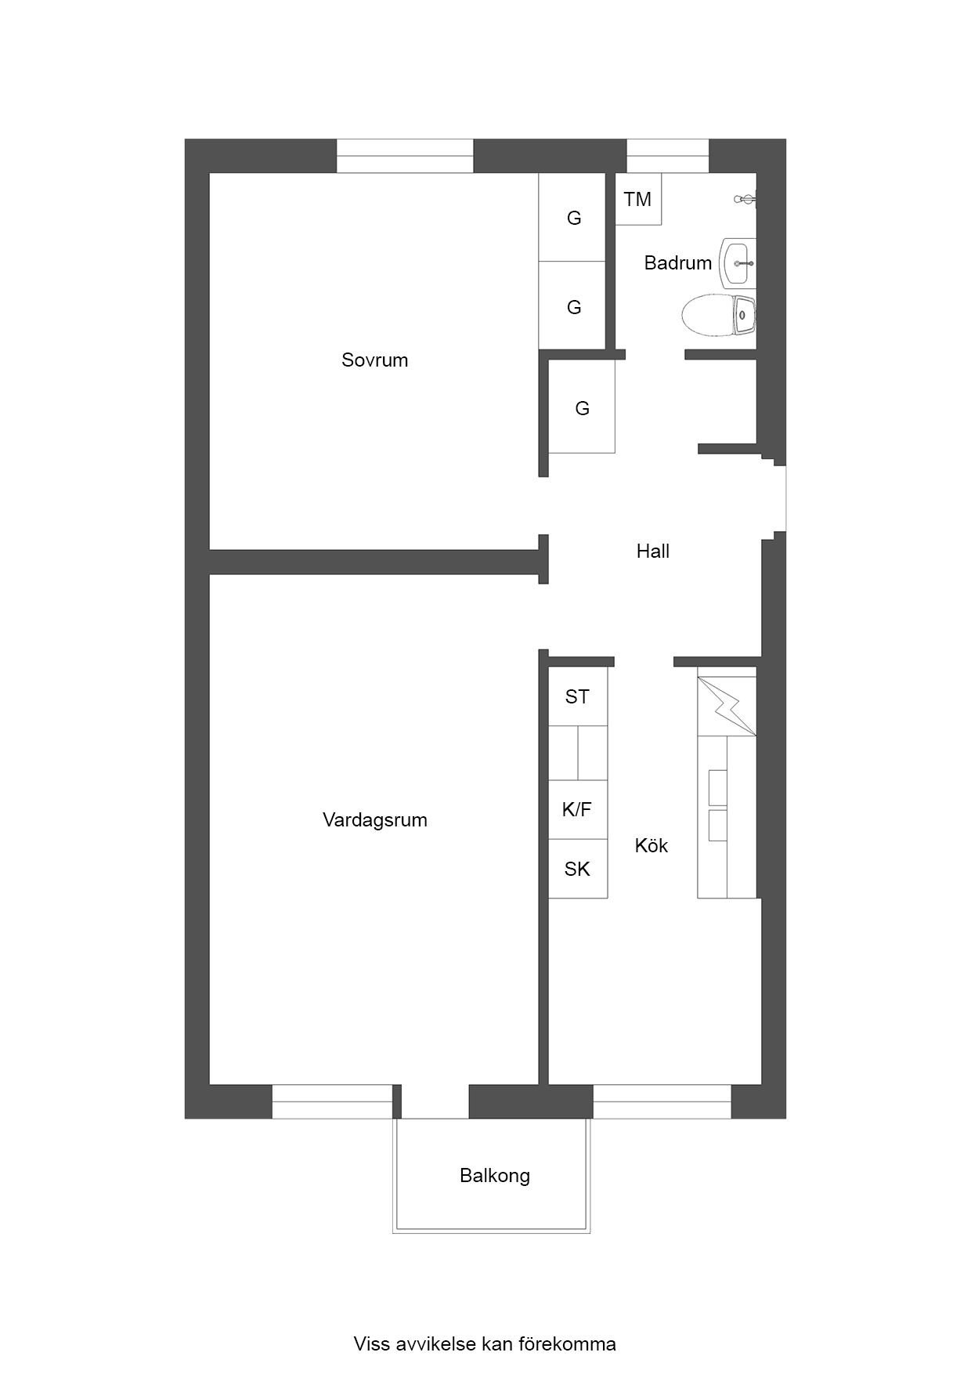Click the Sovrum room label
click(x=374, y=360)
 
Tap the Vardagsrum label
click(x=375, y=820)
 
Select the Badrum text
click(x=678, y=262)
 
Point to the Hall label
click(x=653, y=551)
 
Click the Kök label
click(x=652, y=845)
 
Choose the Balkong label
click(x=495, y=1175)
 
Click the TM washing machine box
click(x=638, y=199)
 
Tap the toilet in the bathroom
click(x=718, y=315)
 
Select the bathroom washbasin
click(x=738, y=263)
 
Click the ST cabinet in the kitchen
click(x=578, y=696)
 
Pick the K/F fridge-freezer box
click(x=578, y=809)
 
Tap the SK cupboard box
click(x=578, y=869)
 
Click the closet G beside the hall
click(x=582, y=407)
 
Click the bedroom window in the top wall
click(x=405, y=156)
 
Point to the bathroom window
click(x=668, y=156)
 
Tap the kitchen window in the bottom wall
click(x=662, y=1101)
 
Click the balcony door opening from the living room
click(x=435, y=1101)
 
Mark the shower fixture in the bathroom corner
click(x=745, y=200)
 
